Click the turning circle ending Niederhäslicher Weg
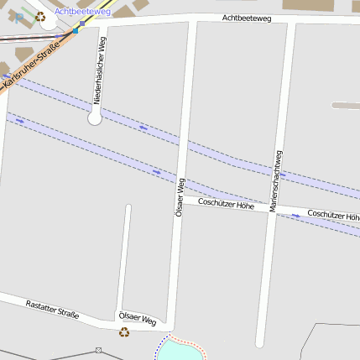(94, 119)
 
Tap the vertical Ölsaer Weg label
(178, 198)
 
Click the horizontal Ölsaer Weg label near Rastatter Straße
(138, 319)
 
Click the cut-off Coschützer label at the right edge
(333, 215)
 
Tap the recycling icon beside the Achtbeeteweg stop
(40, 16)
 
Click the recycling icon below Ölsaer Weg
(124, 332)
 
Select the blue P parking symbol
(19, 18)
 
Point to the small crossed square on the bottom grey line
(98, 350)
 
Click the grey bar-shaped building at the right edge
(346, 106)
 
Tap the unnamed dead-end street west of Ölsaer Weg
(128, 252)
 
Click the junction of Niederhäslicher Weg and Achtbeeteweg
(104, 25)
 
